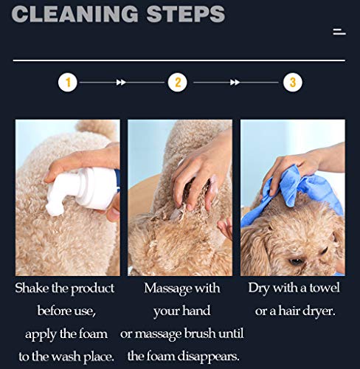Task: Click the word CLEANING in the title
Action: point(75,13)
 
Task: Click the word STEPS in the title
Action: point(186,13)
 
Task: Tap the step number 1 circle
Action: point(68,82)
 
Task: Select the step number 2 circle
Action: point(178,82)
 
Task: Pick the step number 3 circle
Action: point(293,82)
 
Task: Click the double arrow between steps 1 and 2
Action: point(121,82)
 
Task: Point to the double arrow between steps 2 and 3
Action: point(235,82)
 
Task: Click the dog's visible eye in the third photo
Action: point(296,261)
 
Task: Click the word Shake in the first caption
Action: point(32,288)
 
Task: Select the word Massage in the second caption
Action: point(167,289)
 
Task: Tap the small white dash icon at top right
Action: point(339,32)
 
